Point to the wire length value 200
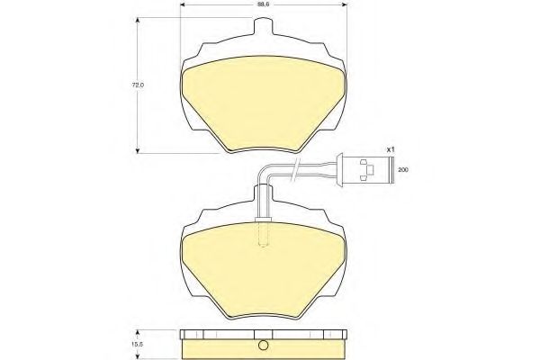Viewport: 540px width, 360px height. [x=402, y=168]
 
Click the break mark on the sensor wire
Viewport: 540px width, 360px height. [x=296, y=165]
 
